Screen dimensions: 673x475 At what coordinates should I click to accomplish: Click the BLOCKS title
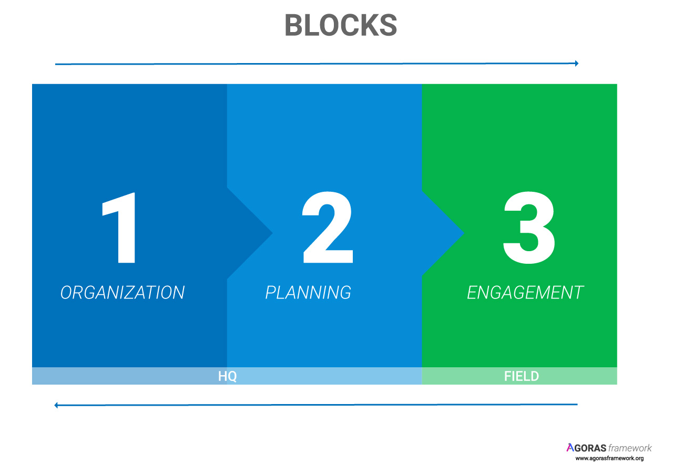pos(341,25)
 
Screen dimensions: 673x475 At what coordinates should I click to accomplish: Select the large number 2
pos(328,228)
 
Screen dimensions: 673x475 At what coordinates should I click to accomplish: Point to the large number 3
pos(529,228)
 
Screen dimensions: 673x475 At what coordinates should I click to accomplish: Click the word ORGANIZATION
pos(123,293)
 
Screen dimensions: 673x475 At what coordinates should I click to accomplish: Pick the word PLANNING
pos(308,293)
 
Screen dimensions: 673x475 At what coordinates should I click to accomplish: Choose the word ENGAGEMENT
pos(525,293)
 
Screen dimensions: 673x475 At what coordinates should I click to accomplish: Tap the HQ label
pos(228,376)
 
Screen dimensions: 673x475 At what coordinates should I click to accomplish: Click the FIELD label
pos(522,376)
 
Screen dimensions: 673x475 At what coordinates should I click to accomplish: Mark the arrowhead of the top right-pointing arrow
pos(577,64)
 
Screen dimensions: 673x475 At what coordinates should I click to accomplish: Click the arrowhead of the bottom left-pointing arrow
pos(56,405)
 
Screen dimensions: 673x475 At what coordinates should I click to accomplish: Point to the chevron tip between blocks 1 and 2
pos(272,233)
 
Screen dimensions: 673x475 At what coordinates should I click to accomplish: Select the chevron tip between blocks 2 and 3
pos(464,233)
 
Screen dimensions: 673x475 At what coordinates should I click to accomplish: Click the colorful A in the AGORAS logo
pos(570,447)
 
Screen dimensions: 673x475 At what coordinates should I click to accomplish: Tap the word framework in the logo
pos(630,448)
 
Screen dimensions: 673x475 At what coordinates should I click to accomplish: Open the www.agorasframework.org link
pos(609,459)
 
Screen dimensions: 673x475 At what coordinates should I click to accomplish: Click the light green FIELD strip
pos(519,376)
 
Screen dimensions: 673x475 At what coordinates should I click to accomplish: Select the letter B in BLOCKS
pos(294,25)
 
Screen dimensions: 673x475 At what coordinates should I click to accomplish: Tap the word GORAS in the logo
pos(590,448)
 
